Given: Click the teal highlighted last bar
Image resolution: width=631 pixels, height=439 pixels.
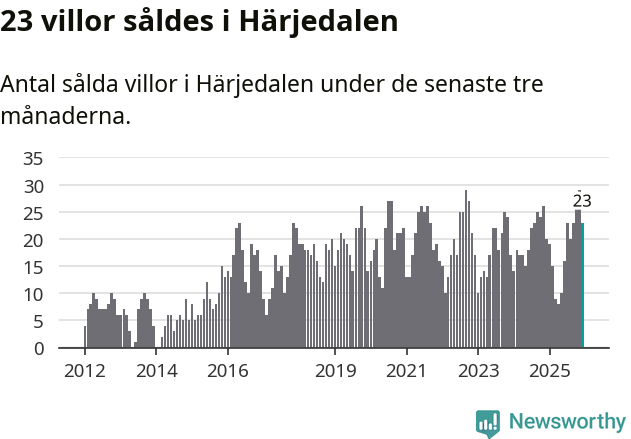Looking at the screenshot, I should [x=582, y=286].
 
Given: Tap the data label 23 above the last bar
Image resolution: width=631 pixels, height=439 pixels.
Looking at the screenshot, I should [x=582, y=201].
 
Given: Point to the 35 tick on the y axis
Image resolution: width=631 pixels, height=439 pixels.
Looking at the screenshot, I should [x=33, y=158].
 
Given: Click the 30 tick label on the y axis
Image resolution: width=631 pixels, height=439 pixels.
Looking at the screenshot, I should [x=33, y=186].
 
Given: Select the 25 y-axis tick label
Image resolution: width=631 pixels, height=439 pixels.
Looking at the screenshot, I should [x=33, y=213].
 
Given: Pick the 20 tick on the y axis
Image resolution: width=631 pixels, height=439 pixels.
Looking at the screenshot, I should [x=33, y=240].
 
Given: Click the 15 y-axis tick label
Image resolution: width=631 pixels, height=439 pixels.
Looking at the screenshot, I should [x=33, y=267].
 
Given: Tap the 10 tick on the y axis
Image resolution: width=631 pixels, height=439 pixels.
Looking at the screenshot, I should [x=33, y=294].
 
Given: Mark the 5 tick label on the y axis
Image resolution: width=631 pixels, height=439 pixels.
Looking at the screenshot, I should [x=38, y=321].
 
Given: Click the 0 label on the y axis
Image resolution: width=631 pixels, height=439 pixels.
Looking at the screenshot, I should [x=38, y=348].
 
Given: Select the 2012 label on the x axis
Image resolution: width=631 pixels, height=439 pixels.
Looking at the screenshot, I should [x=84, y=369].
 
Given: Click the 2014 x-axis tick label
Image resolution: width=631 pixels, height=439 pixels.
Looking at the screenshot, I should [x=156, y=369].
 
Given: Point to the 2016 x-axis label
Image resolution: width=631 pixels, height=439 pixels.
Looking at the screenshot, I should [x=228, y=369].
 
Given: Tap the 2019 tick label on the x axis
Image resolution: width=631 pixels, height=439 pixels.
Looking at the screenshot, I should [x=335, y=369].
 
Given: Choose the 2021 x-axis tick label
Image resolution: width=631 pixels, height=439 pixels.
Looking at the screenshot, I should [x=406, y=369].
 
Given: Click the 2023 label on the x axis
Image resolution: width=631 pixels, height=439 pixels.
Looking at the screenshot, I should [x=478, y=369].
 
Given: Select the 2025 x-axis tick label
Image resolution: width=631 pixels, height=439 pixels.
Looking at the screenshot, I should [x=550, y=369].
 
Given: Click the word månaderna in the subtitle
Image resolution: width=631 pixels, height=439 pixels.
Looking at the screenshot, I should [x=66, y=116].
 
